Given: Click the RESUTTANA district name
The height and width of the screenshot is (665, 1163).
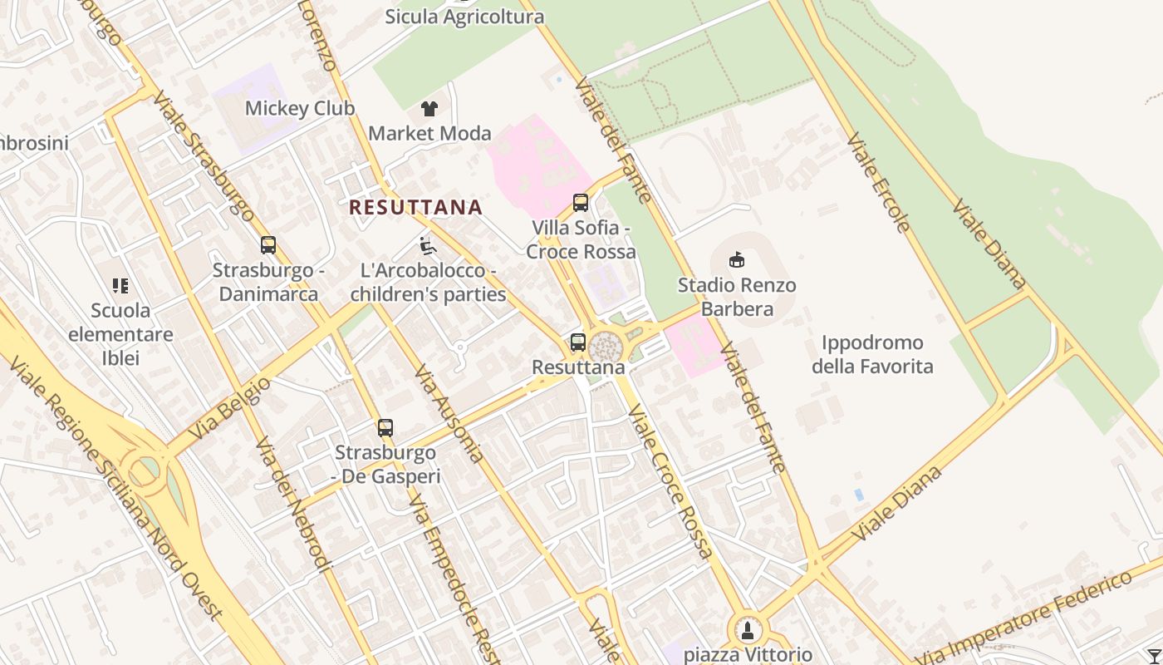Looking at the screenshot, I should [x=415, y=207].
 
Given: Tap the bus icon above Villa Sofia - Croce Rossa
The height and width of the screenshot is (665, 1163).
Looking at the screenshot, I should [x=581, y=203].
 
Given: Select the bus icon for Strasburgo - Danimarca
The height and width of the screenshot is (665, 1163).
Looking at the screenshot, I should [x=267, y=245].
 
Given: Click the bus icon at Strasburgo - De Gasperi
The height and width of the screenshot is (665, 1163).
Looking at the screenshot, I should [x=385, y=428].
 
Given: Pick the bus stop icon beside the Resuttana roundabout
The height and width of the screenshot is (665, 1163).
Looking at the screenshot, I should [x=577, y=342].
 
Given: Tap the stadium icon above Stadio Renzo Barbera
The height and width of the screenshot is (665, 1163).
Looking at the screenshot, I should [x=736, y=260].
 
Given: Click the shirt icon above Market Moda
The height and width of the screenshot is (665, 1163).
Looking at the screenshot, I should [x=429, y=108].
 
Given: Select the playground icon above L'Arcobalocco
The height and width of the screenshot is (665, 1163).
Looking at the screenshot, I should [x=427, y=246].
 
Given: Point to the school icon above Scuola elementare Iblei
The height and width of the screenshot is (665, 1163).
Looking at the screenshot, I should [x=120, y=286].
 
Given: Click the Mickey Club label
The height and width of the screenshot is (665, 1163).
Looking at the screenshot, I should [x=299, y=108].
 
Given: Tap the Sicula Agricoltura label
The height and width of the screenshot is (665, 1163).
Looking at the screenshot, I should [x=464, y=17].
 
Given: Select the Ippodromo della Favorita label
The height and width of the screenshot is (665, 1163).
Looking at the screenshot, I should [x=872, y=354].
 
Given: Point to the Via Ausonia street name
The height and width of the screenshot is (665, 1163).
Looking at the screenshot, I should [x=449, y=413].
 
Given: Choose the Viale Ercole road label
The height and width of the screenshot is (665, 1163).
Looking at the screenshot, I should [x=878, y=181].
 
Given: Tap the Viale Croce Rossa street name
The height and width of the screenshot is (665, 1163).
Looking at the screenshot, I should [x=670, y=480].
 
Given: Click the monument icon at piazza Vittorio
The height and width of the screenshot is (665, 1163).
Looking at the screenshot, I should [x=748, y=630].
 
